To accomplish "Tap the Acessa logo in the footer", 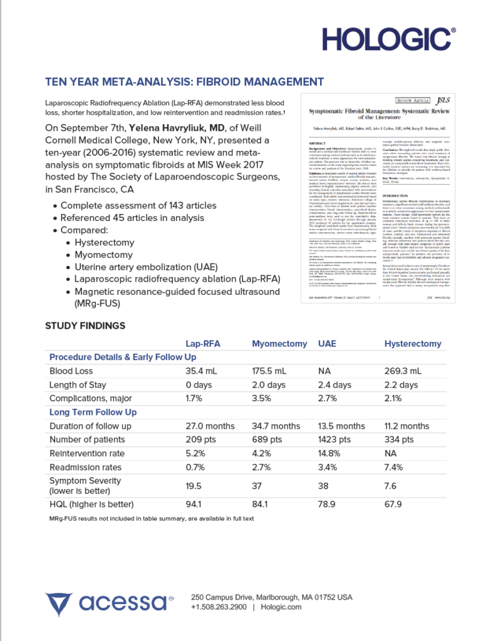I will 109,602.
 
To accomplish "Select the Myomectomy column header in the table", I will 279,344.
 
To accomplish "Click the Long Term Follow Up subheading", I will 93,413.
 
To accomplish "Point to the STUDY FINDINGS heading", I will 85,326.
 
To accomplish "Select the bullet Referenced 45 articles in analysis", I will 132,218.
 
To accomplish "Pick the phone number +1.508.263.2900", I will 219,607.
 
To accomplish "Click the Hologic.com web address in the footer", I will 281,607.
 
